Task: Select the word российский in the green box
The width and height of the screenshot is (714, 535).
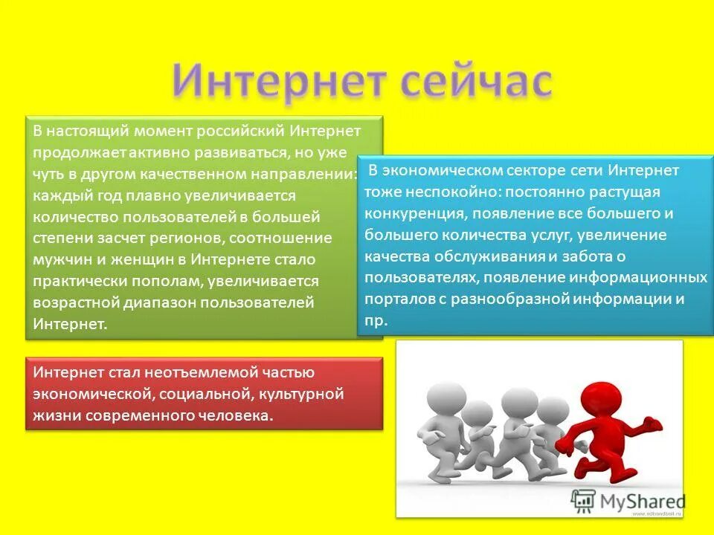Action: click(241, 132)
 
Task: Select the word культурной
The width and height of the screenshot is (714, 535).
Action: click(306, 394)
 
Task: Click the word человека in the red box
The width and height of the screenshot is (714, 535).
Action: click(238, 415)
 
